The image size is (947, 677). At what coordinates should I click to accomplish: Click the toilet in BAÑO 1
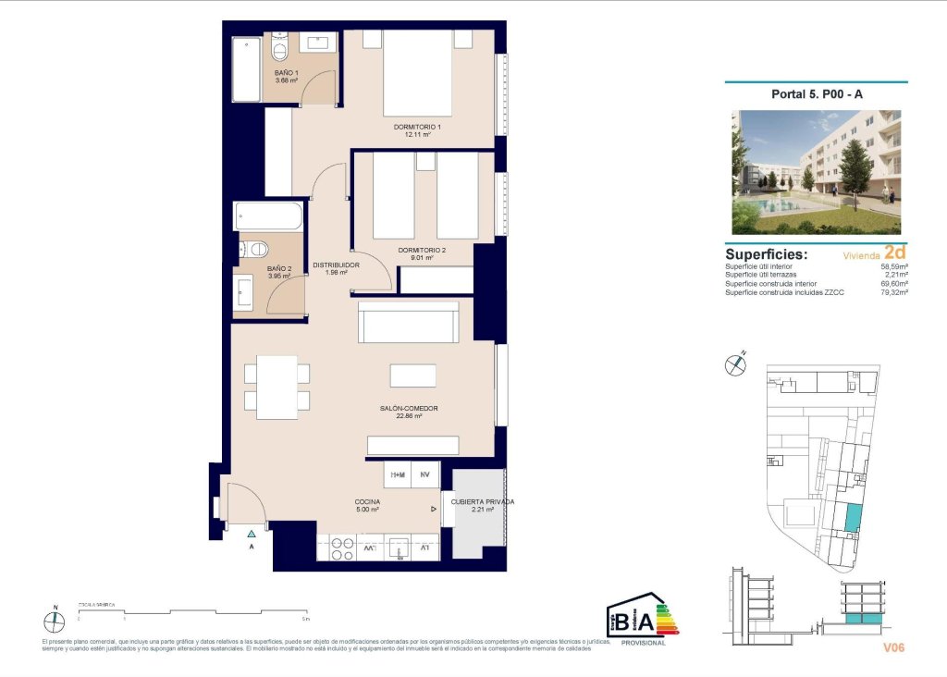pyautogui.click(x=280, y=46)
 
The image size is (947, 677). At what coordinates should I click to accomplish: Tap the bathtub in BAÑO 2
pyautogui.click(x=268, y=216)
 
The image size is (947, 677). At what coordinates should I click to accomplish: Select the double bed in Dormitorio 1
pyautogui.click(x=417, y=74)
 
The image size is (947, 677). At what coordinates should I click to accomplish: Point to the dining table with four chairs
pyautogui.click(x=277, y=387)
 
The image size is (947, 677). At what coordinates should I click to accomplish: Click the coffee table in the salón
pyautogui.click(x=412, y=375)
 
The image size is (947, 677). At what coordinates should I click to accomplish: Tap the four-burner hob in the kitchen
pyautogui.click(x=336, y=548)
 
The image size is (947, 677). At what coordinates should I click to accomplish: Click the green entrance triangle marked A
pyautogui.click(x=251, y=534)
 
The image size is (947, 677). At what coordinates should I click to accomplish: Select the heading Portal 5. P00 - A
pyautogui.click(x=817, y=93)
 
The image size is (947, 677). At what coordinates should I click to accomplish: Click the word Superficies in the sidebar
pyautogui.click(x=767, y=254)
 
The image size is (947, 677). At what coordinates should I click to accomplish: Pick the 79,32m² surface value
pyautogui.click(x=893, y=292)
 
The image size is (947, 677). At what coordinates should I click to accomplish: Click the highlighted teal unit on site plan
pyautogui.click(x=852, y=518)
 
